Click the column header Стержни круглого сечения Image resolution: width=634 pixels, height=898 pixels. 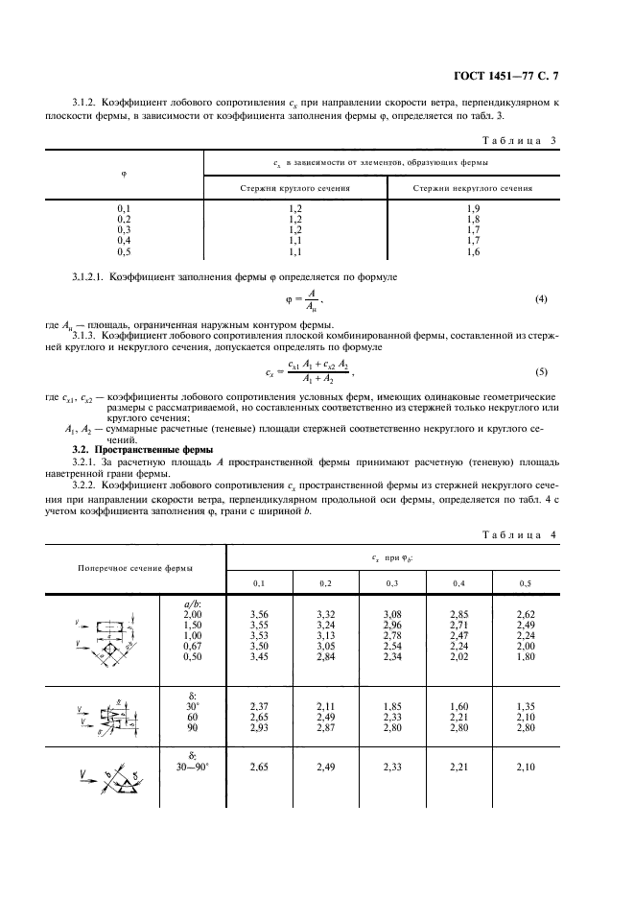click(x=294, y=188)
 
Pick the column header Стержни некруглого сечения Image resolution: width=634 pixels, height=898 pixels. click(x=472, y=188)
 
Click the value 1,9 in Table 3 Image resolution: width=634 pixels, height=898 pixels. click(x=472, y=208)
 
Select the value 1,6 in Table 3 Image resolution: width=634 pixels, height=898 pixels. click(x=472, y=251)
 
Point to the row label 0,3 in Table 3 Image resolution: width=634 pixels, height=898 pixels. click(x=123, y=230)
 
